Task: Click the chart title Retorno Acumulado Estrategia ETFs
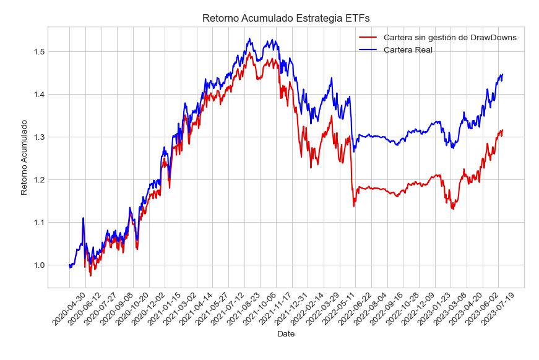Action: (x=285, y=19)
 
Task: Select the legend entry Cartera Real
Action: (x=408, y=49)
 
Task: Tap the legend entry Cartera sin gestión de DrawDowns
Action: (x=450, y=37)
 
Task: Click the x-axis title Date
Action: (x=286, y=334)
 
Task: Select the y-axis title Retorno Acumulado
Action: (x=24, y=158)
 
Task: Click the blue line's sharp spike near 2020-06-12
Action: (x=83, y=218)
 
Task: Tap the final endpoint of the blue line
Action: (x=502, y=74)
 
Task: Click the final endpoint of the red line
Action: (x=502, y=130)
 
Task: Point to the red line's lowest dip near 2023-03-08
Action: (x=452, y=209)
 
